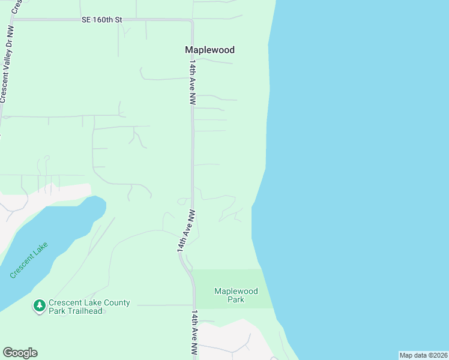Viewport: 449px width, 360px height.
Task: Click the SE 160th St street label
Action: pos(102,20)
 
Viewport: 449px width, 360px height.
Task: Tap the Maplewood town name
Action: pos(209,50)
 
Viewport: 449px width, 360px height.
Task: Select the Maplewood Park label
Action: pos(236,295)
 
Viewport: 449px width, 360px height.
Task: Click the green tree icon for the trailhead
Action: pos(40,306)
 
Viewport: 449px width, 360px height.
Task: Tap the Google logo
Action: pos(20,353)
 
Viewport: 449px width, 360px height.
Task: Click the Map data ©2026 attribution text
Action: pos(423,355)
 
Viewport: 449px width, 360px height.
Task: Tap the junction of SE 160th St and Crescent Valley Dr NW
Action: pos(14,20)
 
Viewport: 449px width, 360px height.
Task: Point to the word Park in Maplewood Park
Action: pos(236,300)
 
